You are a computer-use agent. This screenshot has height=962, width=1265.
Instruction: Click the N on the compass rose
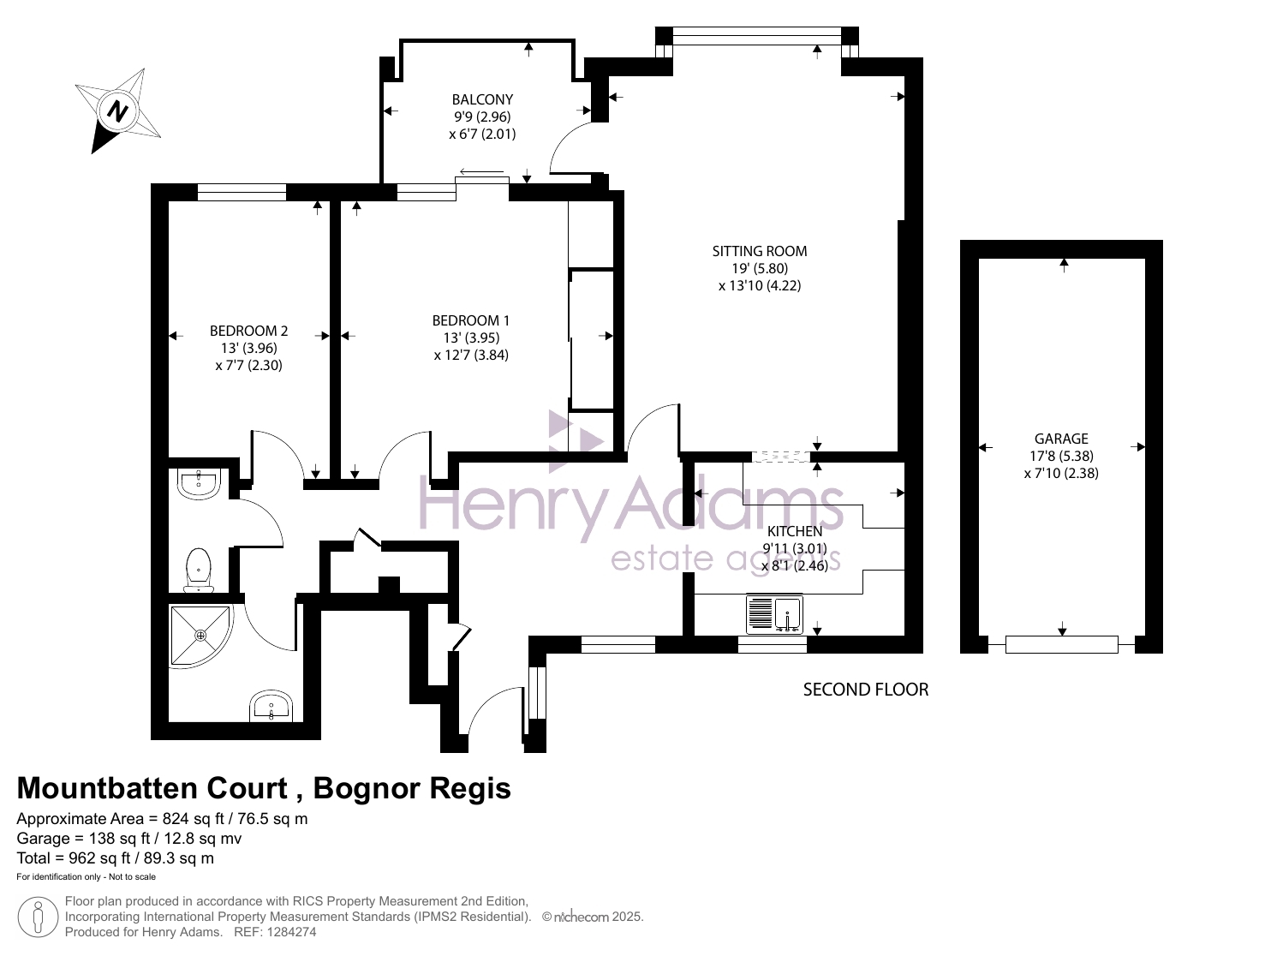coord(117,111)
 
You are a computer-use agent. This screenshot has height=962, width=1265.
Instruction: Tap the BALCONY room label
coord(482,99)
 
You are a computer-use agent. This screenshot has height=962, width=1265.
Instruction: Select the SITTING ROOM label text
coord(759,251)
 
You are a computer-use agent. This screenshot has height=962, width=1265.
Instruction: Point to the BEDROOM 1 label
coord(470,320)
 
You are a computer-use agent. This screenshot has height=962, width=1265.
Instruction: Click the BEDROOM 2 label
coord(248,331)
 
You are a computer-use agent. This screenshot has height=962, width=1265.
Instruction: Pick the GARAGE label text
coord(1061,439)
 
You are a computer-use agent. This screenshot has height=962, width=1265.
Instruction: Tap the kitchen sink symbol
coord(774,614)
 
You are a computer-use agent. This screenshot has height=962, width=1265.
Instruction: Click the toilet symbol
coord(199,570)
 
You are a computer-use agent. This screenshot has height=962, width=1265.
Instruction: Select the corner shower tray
coord(201,636)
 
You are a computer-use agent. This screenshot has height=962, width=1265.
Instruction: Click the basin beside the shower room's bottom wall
coord(271,706)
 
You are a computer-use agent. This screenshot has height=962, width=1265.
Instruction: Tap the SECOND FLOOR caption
coord(866,690)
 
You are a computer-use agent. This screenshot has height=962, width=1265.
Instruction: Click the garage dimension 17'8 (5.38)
coord(1061,456)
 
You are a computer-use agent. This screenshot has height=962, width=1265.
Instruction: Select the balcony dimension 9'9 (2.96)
coord(482,117)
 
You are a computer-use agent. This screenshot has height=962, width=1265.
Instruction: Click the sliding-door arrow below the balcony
coord(481,172)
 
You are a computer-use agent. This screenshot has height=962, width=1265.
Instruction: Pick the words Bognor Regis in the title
coord(411,788)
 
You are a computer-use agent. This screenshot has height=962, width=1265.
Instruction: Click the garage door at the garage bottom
coord(1061,644)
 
